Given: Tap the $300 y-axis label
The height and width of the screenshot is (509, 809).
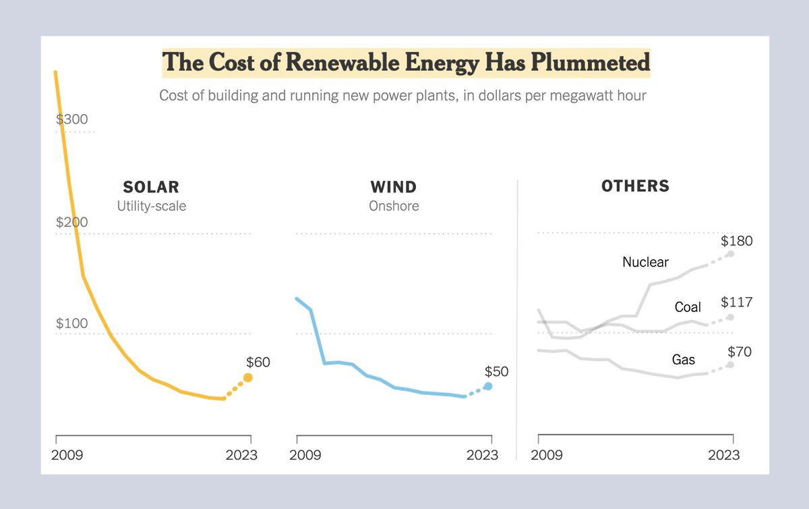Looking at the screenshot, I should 71,119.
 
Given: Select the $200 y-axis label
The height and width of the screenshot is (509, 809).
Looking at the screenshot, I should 71,222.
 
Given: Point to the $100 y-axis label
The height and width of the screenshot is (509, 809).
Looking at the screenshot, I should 71,323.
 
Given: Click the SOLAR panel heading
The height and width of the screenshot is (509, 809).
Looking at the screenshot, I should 151,187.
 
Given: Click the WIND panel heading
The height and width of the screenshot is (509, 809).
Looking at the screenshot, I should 394,187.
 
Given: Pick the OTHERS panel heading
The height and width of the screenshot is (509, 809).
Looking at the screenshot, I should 635,186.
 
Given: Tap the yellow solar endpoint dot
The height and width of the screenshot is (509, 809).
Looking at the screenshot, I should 248,377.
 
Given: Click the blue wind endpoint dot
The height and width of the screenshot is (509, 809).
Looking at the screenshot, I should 488,386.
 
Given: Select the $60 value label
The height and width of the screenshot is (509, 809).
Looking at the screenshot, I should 258,363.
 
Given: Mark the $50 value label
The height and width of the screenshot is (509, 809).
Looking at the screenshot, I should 497,372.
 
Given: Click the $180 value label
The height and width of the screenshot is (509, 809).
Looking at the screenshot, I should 736,241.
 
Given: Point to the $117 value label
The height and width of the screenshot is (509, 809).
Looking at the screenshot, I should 736,302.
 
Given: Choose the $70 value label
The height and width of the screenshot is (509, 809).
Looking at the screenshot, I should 740,352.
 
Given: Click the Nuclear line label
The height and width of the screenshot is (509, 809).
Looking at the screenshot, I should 645,262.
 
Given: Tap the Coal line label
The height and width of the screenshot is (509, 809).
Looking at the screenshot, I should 688,307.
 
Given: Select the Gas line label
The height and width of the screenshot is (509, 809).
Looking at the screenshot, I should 683,360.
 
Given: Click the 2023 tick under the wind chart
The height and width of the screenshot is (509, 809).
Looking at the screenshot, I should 483,455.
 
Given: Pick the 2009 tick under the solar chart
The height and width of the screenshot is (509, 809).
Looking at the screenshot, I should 67,455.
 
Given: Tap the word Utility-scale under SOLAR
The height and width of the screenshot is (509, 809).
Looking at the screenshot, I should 151,206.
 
